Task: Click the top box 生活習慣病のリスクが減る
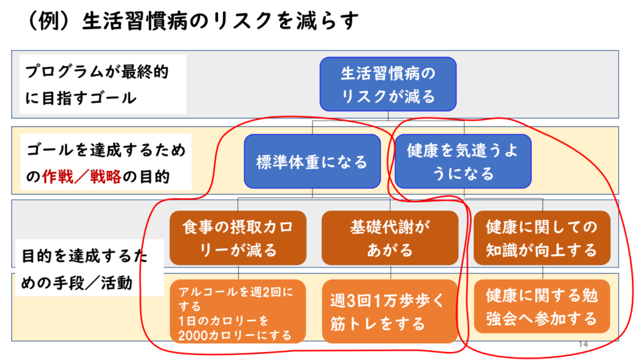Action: click(x=388, y=84)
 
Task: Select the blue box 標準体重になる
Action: click(x=312, y=161)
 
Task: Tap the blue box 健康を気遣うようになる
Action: click(x=463, y=161)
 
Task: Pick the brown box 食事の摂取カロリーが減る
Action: click(x=238, y=238)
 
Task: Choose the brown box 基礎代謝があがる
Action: click(x=390, y=238)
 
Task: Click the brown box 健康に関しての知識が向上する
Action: click(x=542, y=238)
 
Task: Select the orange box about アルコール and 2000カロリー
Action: click(x=238, y=311)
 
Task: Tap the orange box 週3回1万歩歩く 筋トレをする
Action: click(x=390, y=311)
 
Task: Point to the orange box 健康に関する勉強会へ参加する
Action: click(x=542, y=306)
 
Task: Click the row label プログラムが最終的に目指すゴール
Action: click(x=103, y=84)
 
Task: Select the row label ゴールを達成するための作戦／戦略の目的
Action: click(x=106, y=161)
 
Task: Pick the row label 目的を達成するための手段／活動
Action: click(x=90, y=268)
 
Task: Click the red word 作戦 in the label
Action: click(x=57, y=177)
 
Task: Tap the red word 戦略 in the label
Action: click(x=106, y=177)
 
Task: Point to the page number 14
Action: click(x=583, y=344)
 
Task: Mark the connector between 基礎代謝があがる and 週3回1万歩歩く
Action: click(x=390, y=272)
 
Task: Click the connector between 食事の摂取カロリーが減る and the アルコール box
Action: click(x=238, y=272)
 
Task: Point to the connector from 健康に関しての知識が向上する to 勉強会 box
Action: click(x=543, y=272)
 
